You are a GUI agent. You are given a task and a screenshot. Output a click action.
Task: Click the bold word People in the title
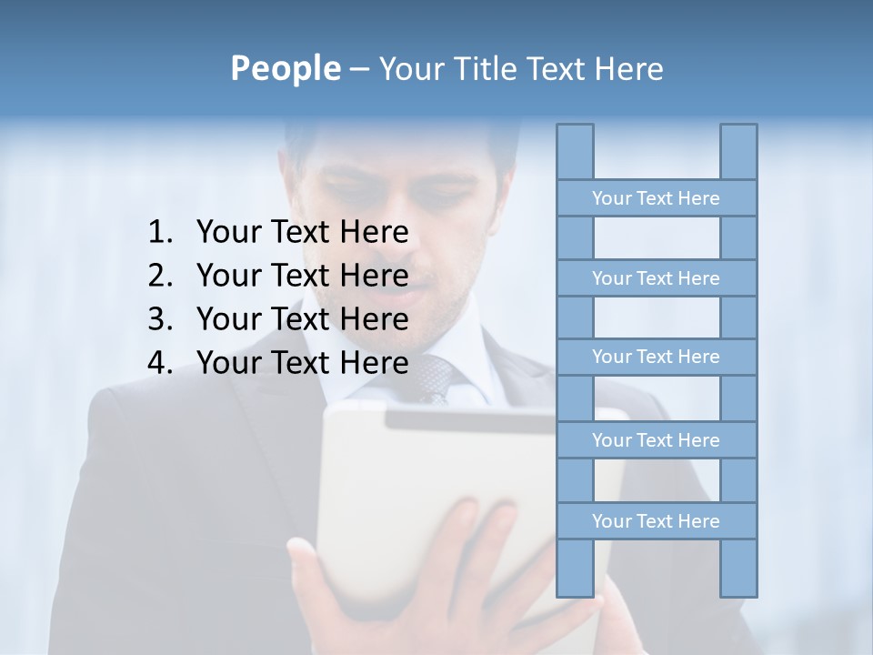click(x=285, y=68)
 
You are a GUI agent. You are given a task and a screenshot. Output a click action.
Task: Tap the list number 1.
click(x=158, y=233)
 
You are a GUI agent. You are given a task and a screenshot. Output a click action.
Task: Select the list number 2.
click(x=158, y=276)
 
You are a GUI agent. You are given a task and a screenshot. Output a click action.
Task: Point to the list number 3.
click(x=158, y=319)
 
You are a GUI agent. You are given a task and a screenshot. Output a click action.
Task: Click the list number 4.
click(x=158, y=363)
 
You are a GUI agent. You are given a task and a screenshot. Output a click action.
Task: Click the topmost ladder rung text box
click(x=656, y=198)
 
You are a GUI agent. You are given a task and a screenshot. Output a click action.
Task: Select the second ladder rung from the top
click(x=656, y=278)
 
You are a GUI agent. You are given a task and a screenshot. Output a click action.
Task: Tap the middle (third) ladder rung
click(x=656, y=357)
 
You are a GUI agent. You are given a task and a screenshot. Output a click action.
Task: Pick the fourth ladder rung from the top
click(x=656, y=440)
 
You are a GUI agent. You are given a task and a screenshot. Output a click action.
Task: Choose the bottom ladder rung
click(x=656, y=521)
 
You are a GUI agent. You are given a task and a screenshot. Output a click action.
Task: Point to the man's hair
click(x=400, y=136)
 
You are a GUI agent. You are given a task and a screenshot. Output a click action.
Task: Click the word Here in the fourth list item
click(x=374, y=363)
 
